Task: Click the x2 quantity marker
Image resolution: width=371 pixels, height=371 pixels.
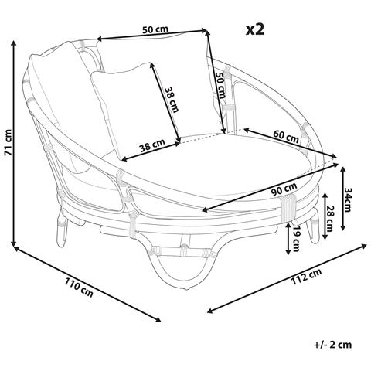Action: [255, 29]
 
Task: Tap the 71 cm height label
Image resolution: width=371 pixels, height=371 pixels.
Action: [9, 142]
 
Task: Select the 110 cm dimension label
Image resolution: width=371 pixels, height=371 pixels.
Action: [78, 287]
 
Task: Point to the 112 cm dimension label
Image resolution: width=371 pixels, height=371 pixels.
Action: [306, 277]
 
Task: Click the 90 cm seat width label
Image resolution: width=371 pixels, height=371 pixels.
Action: [284, 189]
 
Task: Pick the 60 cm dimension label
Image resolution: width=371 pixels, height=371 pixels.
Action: [286, 137]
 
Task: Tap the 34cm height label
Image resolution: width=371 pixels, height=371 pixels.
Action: [348, 199]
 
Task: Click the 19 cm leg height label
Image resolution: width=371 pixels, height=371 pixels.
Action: [296, 238]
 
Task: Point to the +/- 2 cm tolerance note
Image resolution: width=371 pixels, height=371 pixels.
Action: [333, 345]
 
